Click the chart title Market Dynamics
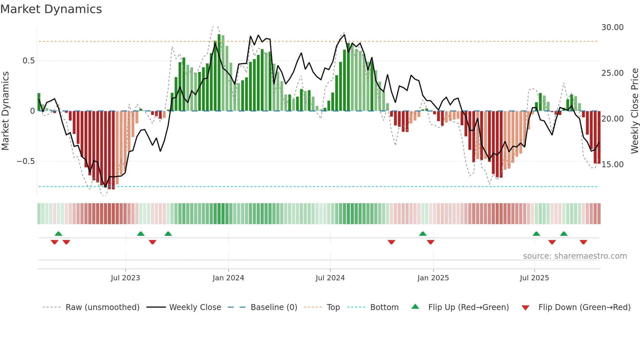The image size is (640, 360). [x=51, y=9]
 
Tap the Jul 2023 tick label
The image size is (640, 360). [x=125, y=278]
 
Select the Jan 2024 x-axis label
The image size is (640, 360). [x=228, y=278]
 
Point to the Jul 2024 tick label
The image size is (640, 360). [x=330, y=278]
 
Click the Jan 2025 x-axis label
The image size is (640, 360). [x=433, y=278]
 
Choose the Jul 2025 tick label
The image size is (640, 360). [x=534, y=278]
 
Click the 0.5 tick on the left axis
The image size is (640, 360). [x=28, y=61]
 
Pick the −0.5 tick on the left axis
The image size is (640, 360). [x=25, y=161]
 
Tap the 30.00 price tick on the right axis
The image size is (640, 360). [x=613, y=27]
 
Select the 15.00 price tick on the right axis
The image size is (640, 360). [x=613, y=165]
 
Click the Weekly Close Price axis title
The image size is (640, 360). [x=634, y=111]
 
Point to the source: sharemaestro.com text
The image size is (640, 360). [x=575, y=256]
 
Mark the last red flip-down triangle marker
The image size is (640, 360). [x=583, y=242]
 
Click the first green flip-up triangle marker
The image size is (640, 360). [x=58, y=234]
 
